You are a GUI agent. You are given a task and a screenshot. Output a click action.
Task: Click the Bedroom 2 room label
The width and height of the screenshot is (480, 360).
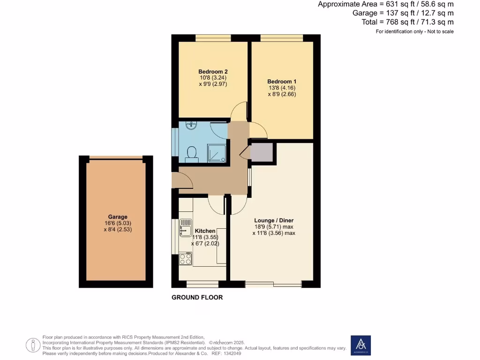pyautogui.click(x=213, y=72)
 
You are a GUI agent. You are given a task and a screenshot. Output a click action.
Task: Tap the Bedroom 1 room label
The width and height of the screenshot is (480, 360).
pyautogui.click(x=282, y=81)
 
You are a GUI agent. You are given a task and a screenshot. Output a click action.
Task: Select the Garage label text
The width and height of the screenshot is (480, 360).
pyautogui.click(x=118, y=217)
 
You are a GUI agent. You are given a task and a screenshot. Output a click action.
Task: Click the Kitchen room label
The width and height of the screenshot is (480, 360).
pyautogui.click(x=205, y=231)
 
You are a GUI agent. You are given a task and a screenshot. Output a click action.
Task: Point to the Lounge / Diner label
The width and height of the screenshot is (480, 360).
pyautogui.click(x=274, y=220)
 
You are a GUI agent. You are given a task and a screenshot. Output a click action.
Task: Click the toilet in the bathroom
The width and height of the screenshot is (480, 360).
pyautogui.click(x=191, y=153)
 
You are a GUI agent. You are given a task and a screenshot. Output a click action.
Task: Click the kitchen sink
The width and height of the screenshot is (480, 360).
pyautogui.click(x=185, y=227)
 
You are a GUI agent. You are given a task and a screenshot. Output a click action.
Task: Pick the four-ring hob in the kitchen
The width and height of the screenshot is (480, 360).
pyautogui.click(x=186, y=259)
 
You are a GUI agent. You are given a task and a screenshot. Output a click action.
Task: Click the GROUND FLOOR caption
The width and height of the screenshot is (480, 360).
pyautogui.click(x=197, y=297)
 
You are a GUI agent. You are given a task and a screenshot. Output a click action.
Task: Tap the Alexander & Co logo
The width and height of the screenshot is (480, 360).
pyautogui.click(x=360, y=345)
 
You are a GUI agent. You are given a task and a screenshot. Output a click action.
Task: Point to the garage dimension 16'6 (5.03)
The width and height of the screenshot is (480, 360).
pyautogui.click(x=118, y=223)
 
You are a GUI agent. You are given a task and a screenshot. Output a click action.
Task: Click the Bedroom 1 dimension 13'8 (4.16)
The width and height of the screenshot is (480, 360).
pyautogui.click(x=282, y=88)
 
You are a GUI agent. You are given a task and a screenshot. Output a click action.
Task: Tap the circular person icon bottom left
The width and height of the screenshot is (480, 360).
pyautogui.click(x=33, y=345)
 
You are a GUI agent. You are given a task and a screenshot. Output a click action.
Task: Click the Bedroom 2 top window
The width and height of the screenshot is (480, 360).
pyautogui.click(x=213, y=38)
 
